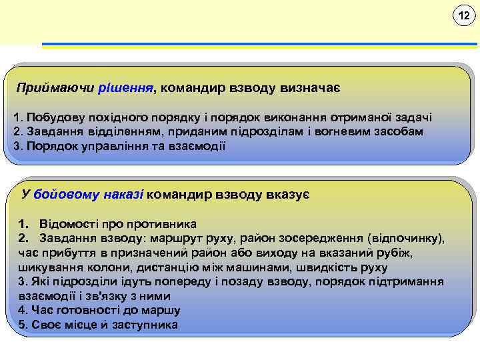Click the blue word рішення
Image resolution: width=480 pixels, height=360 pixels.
131,87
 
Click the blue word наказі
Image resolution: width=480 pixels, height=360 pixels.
123,195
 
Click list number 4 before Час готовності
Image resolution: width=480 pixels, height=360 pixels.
23,311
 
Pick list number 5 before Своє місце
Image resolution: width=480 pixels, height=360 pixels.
23,325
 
